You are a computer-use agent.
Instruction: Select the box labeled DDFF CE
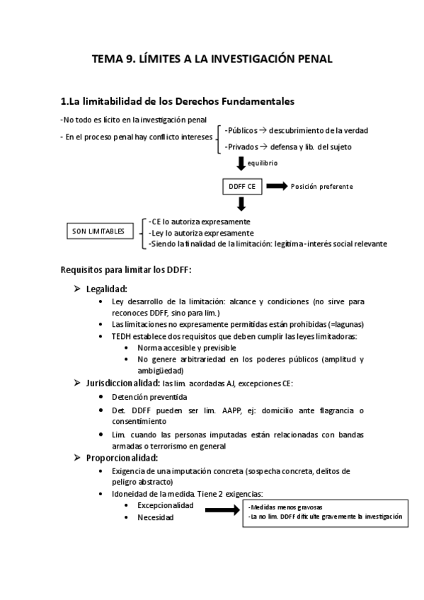241,187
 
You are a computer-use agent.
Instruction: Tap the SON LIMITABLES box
103,231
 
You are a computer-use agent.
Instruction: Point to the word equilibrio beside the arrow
263,163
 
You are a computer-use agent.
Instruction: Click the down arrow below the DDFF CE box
241,204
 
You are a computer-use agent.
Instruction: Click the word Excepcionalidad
166,505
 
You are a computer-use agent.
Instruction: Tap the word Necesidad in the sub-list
156,518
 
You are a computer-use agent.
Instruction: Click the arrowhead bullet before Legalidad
79,289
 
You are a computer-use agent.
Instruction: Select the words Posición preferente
321,187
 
